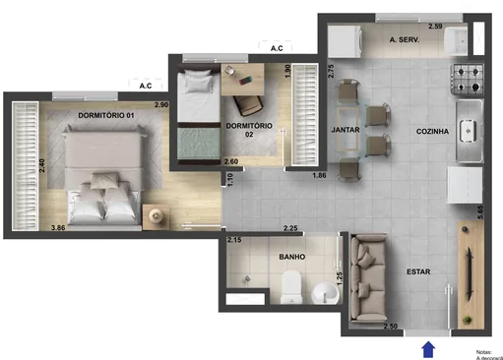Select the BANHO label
pyautogui.click(x=290, y=257)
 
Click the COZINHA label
pyautogui.click(x=432, y=131)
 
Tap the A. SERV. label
pyautogui.click(x=406, y=40)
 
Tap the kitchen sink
pyautogui.click(x=469, y=130)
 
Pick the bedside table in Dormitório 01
pyautogui.click(x=156, y=215)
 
